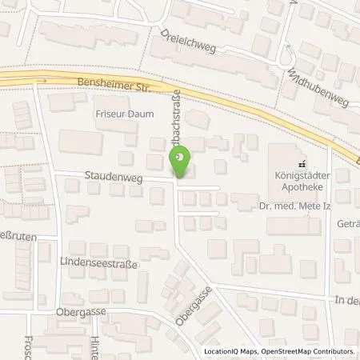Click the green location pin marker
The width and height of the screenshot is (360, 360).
click(182, 161)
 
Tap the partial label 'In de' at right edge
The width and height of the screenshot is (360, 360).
click(347, 299)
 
